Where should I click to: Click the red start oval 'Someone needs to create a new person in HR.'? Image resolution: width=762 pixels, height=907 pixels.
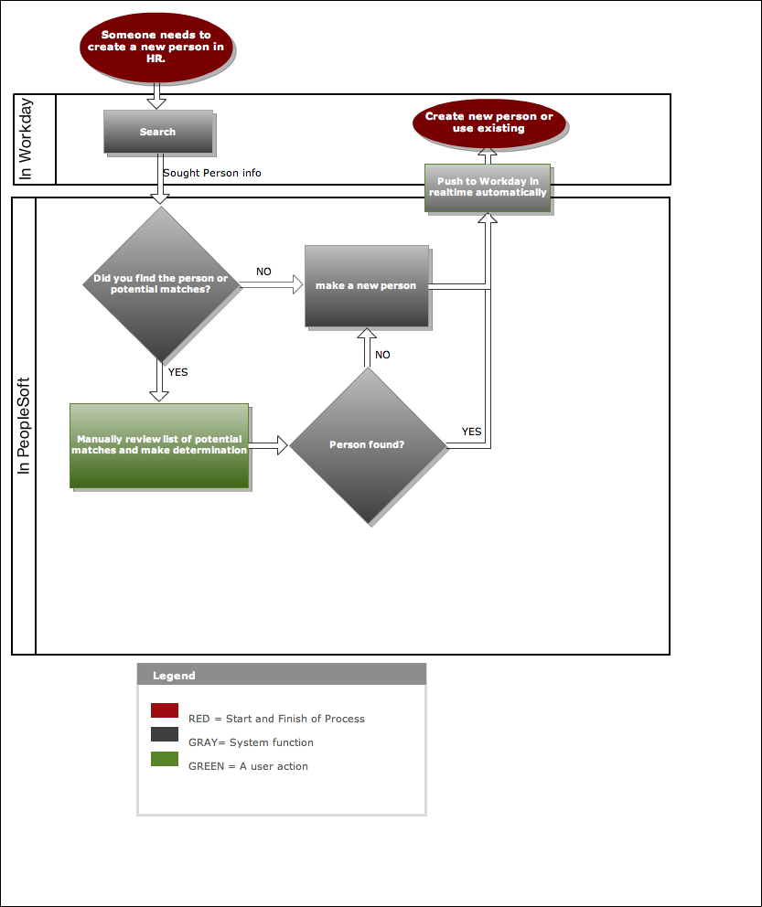156,47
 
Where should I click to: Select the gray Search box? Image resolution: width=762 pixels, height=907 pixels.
158,132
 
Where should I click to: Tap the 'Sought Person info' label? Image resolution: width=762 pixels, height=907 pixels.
211,173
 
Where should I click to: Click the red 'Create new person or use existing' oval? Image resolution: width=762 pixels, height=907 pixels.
488,123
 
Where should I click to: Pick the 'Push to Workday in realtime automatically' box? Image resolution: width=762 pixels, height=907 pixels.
488,187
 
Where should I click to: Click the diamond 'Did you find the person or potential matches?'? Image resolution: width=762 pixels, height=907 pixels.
161,284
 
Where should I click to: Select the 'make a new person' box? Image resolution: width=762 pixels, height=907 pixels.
367,286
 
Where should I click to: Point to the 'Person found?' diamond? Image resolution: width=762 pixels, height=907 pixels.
368,445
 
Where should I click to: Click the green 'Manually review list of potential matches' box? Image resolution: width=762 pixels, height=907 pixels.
159,445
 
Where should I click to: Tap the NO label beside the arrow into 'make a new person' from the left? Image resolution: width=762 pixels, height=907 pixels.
263,272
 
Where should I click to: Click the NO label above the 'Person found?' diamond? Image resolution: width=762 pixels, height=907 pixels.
382,355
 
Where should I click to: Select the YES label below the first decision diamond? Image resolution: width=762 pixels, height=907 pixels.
177,372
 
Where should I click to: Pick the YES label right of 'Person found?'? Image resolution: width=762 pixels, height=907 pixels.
471,432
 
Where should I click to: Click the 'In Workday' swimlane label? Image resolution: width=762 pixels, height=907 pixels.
25,139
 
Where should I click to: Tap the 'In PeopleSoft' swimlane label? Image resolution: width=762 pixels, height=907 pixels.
23,426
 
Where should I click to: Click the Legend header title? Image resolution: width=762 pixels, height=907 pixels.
174,676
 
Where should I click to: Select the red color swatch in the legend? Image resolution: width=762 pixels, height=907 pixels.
165,710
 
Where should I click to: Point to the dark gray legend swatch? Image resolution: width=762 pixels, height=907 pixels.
165,734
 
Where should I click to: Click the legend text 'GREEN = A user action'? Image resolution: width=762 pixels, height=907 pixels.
248,766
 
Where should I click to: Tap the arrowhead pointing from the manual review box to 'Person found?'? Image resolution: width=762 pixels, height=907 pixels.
283,445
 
